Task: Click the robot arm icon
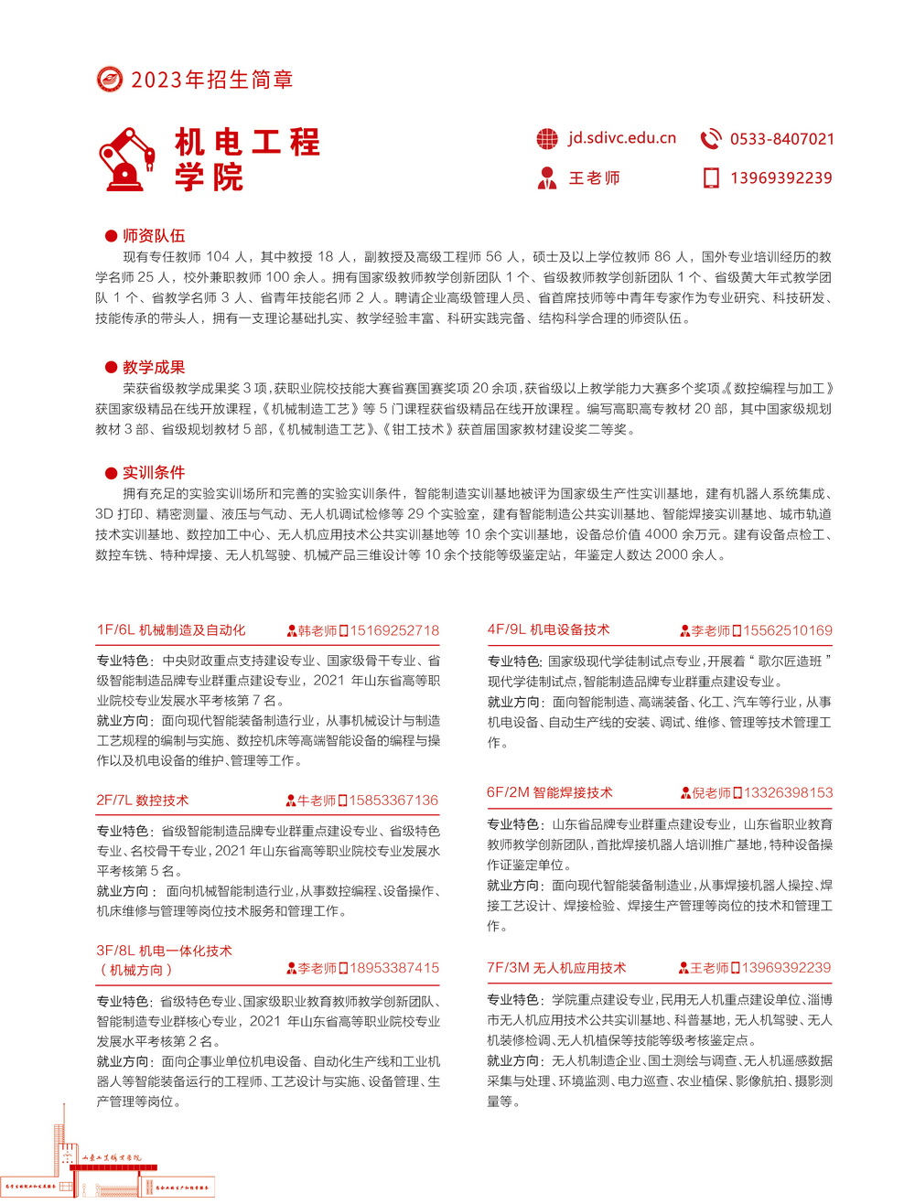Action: (127, 159)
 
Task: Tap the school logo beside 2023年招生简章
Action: (110, 80)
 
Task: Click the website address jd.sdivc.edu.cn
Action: (621, 138)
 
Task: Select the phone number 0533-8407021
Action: (781, 139)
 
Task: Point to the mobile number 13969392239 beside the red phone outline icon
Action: (780, 177)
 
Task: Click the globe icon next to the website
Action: (547, 139)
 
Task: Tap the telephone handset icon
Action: (710, 139)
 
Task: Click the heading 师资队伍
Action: (154, 236)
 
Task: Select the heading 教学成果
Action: (154, 367)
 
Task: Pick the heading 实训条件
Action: (154, 472)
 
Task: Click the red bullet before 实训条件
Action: (112, 473)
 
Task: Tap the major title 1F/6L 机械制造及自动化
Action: (171, 629)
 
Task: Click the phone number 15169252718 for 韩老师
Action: (394, 630)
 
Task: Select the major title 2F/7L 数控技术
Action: (143, 800)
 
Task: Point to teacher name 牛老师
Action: (317, 801)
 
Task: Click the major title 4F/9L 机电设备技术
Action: (548, 629)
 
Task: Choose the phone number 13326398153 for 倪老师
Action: (788, 792)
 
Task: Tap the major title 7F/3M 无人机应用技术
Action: (556, 967)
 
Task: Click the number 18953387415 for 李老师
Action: (394, 968)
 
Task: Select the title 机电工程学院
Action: (247, 159)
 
